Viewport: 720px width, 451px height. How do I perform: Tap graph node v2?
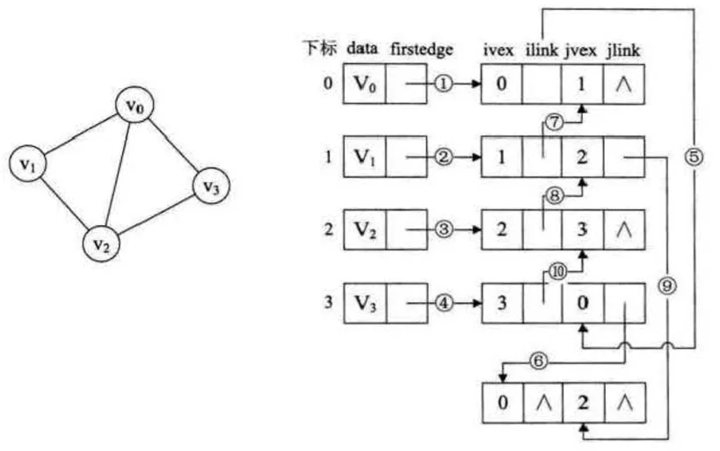(x=104, y=244)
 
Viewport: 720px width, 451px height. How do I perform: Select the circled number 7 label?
(x=554, y=123)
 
